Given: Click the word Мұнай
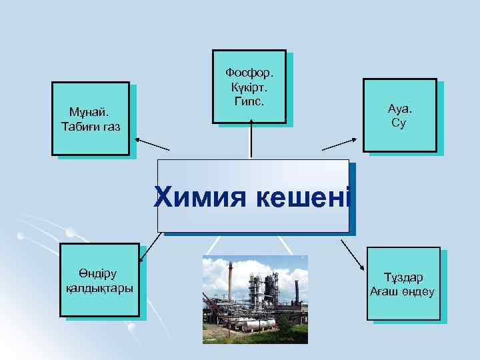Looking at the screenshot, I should coord(91,112).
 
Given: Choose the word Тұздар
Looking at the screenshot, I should coord(403,277).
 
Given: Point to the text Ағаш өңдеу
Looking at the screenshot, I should coord(403,292).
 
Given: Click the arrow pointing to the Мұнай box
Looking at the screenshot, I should coord(152,144).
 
